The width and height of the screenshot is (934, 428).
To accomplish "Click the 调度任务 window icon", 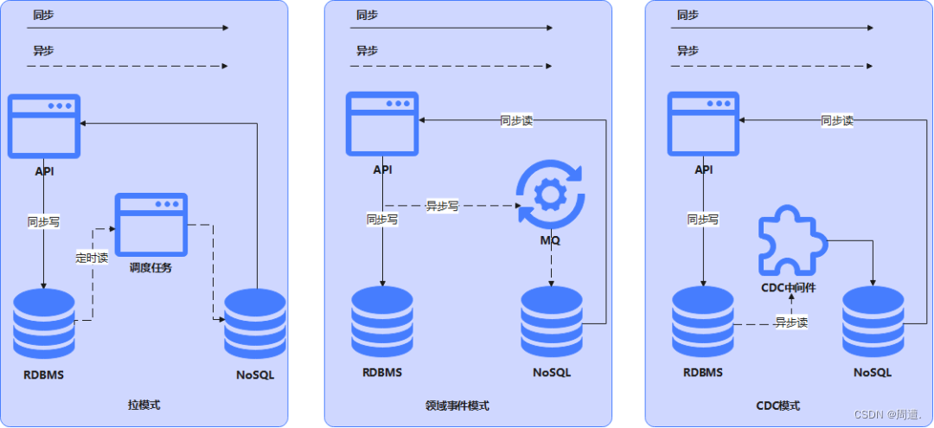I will click(151, 223).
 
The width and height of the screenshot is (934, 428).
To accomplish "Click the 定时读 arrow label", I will click(92, 257).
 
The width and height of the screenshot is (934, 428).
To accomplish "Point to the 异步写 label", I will click(442, 206).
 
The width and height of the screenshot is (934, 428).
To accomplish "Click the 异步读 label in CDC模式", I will click(791, 323).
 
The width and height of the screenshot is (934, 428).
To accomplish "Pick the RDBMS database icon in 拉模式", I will click(43, 323).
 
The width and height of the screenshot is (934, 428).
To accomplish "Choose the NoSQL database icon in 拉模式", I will click(255, 323).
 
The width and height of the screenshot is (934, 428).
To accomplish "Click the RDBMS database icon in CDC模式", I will click(703, 322).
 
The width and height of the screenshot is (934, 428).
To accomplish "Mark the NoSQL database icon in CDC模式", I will click(873, 322).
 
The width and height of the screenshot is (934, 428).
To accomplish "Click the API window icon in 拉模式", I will click(44, 125).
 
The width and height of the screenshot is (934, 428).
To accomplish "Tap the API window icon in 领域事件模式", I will click(382, 124).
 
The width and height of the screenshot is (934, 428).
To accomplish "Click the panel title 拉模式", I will click(144, 404).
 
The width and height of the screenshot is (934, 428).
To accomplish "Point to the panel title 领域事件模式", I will click(457, 405).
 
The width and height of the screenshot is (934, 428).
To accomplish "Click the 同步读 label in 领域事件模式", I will click(516, 121).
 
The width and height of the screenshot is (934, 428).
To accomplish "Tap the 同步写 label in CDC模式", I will click(703, 220).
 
